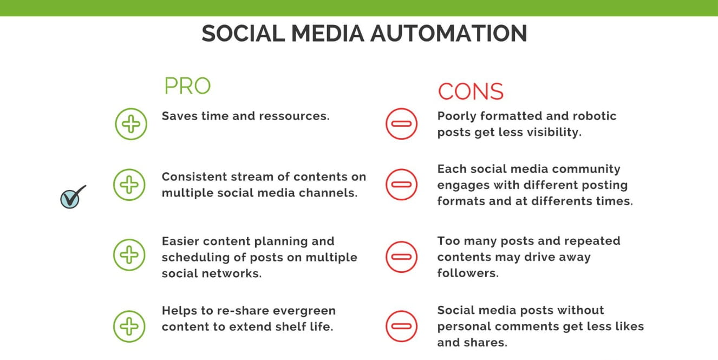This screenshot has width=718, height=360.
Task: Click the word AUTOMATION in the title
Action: point(449,34)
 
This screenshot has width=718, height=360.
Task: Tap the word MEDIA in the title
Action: point(328,34)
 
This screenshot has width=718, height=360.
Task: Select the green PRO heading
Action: point(187,86)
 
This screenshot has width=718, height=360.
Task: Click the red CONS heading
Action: point(471,91)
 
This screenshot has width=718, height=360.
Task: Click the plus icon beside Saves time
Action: point(131,124)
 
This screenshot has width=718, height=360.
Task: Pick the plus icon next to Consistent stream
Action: point(129,185)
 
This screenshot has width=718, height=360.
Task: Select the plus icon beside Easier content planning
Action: point(129,255)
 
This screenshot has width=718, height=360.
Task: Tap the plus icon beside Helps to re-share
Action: point(129,326)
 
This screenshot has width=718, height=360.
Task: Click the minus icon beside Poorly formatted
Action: point(401,124)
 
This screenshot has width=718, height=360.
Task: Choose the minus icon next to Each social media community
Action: point(401,185)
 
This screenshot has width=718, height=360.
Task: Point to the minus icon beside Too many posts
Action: point(401,257)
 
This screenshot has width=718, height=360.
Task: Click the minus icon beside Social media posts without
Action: point(401,326)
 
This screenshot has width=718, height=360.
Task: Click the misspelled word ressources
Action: point(294,116)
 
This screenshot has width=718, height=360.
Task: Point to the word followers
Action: point(468,273)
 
